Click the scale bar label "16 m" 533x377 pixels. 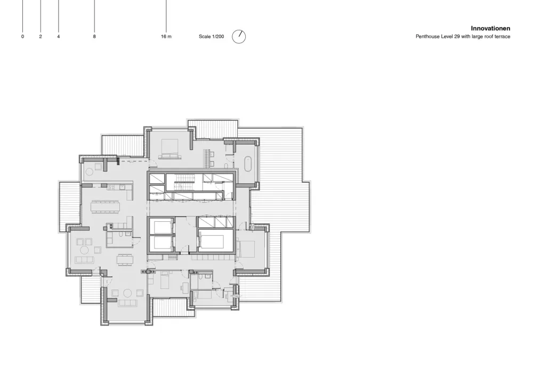point(166,36)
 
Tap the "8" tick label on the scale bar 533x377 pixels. point(94,36)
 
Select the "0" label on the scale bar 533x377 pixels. point(23,36)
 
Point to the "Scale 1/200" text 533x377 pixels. point(212,36)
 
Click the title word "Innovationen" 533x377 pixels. point(490,29)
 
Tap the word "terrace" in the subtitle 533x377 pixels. point(503,36)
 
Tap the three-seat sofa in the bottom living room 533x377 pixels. point(127,303)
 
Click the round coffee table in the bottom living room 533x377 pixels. point(127,293)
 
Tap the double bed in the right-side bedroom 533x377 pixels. point(246,248)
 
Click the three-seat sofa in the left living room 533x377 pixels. point(84,260)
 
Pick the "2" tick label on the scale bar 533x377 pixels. point(41,36)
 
